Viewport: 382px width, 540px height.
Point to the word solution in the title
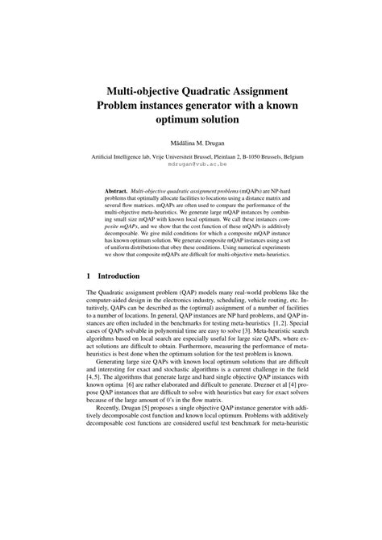[214, 118]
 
